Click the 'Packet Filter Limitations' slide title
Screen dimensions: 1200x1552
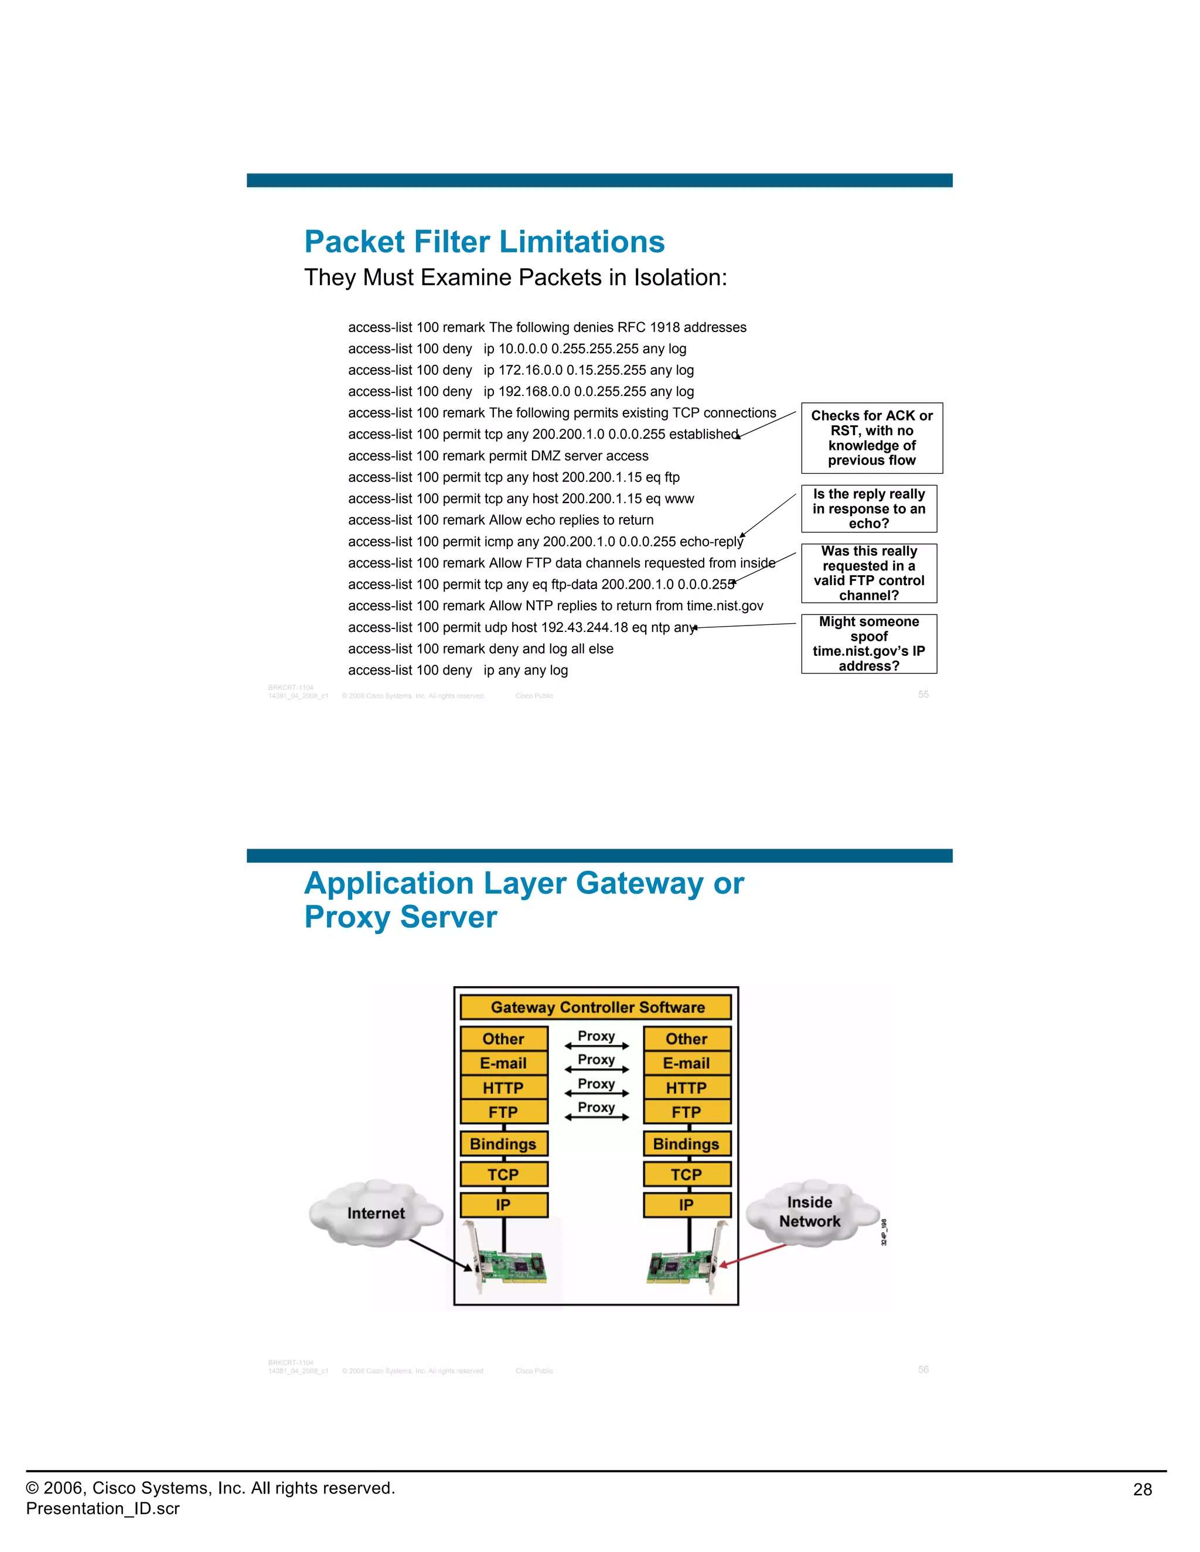[484, 242]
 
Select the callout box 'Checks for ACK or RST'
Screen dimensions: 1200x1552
[871, 437]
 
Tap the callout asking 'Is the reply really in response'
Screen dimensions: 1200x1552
[869, 509]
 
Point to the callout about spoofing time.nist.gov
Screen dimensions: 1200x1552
[869, 644]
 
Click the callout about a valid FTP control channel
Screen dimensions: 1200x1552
[869, 573]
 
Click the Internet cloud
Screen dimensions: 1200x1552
[376, 1213]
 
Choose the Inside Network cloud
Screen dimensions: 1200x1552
[810, 1212]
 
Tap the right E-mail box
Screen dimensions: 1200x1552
[686, 1063]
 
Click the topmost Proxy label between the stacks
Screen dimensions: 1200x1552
[596, 1037]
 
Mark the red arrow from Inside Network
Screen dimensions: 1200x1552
[754, 1255]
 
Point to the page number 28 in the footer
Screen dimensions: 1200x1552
[1142, 1489]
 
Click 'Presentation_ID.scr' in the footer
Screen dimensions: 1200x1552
[103, 1509]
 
